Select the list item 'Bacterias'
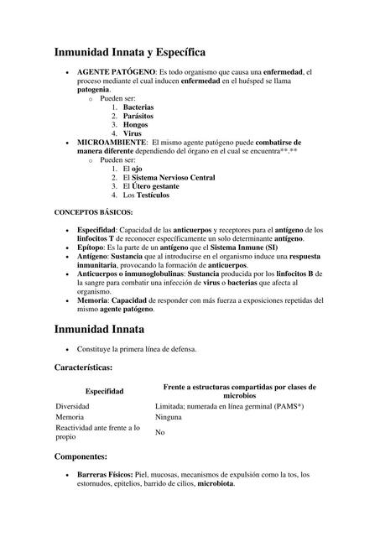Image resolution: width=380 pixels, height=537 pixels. coord(138,107)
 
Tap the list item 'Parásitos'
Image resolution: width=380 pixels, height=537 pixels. coord(138,116)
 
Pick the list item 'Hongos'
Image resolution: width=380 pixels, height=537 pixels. coord(136,124)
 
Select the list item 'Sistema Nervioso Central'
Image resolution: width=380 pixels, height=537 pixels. coord(173,178)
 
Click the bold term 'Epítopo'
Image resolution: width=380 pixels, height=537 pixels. coord(92,248)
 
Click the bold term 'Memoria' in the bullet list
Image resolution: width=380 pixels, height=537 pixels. coord(92,300)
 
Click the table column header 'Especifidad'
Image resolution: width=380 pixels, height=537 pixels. coord(105,391)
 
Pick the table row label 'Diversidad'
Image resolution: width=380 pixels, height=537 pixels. coord(73,405)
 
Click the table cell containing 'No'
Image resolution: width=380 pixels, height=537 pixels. coord(159,432)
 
